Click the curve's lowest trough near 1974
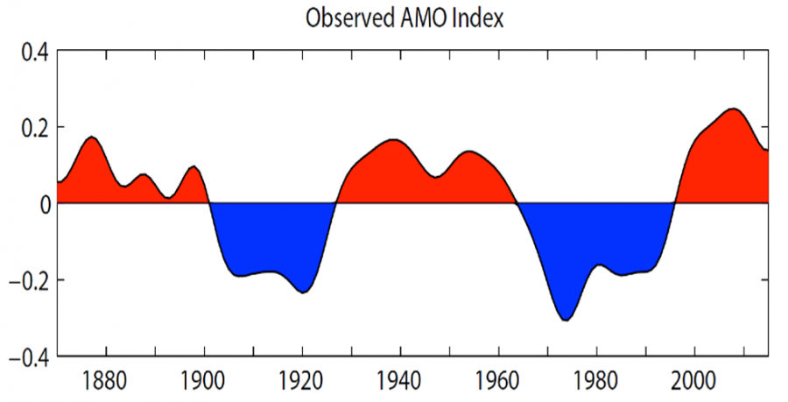[x=566, y=321]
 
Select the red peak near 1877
[x=92, y=137]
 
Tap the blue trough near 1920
[x=303, y=293]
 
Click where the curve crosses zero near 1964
[x=517, y=203]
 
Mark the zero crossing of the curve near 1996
[x=674, y=203]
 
